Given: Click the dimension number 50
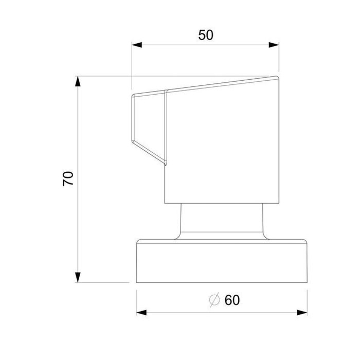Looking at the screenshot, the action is (x=206, y=35).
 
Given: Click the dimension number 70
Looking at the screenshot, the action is (x=68, y=178).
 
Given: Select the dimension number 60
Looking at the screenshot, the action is (x=232, y=300).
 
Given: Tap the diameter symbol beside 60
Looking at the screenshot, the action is (x=214, y=300).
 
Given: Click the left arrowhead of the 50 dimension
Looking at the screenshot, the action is (x=137, y=45).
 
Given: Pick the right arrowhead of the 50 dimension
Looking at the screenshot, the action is (x=274, y=45).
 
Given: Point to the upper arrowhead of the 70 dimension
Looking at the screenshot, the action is (x=78, y=81).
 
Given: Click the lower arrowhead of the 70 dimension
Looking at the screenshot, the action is (x=78, y=277).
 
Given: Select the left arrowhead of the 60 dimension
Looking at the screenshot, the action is (x=141, y=313).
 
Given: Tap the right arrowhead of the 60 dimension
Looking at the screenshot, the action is (x=302, y=313).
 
